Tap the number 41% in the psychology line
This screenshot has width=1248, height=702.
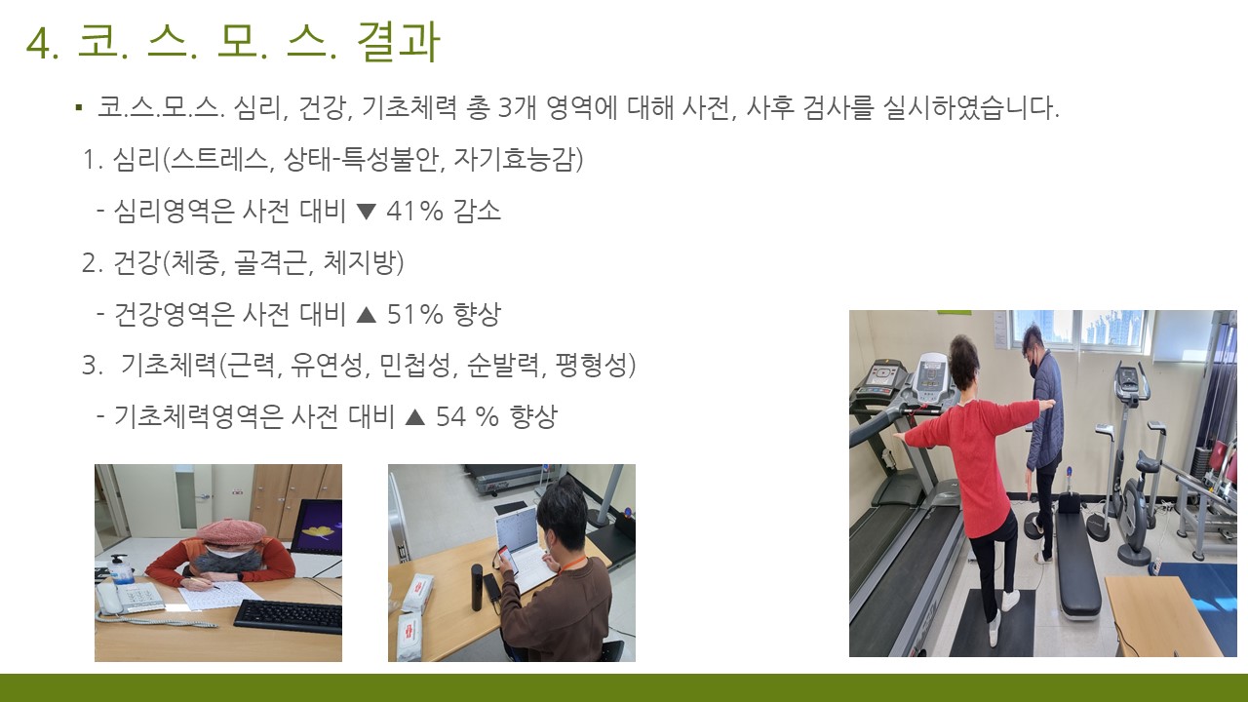point(414,212)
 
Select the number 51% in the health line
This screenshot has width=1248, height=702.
point(415,314)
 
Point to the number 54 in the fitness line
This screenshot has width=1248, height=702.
point(450,416)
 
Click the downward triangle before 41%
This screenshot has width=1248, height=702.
point(366,212)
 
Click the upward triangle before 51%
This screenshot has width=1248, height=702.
point(367,315)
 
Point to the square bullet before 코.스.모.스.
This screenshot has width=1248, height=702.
point(79,107)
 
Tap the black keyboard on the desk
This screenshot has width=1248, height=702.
point(288,615)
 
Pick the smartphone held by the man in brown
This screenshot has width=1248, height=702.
point(506,559)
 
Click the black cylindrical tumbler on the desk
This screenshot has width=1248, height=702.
point(478,587)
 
